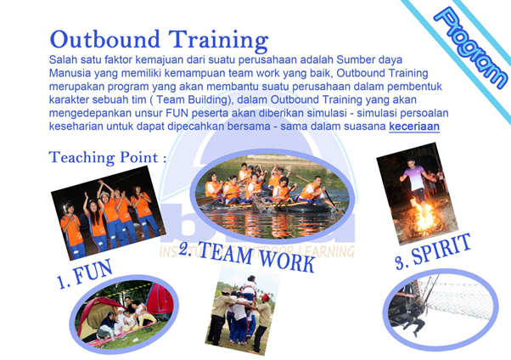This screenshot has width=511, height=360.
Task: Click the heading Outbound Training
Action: tap(159, 40)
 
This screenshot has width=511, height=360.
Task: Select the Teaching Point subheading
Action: tap(108, 157)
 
